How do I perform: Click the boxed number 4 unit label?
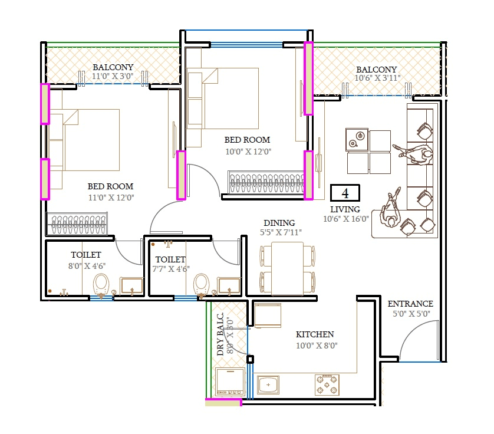[345, 193]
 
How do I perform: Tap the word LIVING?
[345, 209]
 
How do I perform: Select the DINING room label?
[279, 223]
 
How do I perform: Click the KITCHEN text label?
[315, 334]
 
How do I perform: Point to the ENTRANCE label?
[410, 304]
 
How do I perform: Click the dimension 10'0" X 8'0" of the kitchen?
[317, 346]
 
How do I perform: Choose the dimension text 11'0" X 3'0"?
[113, 76]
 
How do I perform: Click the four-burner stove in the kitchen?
[327, 384]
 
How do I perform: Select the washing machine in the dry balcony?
[230, 382]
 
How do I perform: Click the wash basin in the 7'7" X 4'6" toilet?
[229, 286]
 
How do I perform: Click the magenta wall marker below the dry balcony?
[223, 403]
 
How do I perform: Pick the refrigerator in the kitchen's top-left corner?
[268, 315]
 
